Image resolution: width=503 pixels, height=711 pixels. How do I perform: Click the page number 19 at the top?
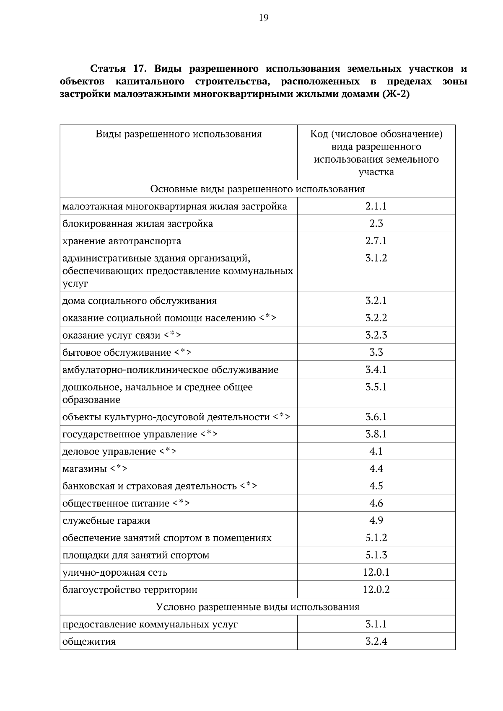pos(263,18)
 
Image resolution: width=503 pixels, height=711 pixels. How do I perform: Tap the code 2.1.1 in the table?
pos(376,206)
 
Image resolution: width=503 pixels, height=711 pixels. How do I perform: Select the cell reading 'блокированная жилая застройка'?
pos(137,224)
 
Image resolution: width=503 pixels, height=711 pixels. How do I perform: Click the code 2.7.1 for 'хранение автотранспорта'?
pos(376,241)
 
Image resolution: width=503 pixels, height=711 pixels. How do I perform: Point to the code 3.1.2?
pos(376,258)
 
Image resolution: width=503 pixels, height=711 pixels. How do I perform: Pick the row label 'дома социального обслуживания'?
pos(140,301)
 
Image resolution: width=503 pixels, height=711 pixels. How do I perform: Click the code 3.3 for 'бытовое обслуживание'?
pos(376,352)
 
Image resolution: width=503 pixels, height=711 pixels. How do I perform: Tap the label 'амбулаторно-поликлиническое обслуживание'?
pos(170,370)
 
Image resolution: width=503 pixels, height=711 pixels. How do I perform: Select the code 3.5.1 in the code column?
pos(376,387)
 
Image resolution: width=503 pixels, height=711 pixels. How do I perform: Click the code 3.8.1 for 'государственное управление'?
pos(376,434)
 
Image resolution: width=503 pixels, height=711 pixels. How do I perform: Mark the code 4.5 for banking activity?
pos(376,486)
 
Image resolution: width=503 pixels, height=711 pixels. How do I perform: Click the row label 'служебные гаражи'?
pos(106,521)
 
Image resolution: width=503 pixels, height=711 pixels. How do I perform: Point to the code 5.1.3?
pos(376,555)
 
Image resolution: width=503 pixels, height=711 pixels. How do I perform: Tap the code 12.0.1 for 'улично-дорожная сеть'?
pos(376,572)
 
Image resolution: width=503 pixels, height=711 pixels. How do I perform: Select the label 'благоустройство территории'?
pos(130,590)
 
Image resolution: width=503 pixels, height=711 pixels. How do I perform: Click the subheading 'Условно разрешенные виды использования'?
pos(257,607)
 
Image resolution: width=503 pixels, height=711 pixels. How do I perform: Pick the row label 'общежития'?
pos(89,642)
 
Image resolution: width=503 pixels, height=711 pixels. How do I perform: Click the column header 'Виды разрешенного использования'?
pos(179,134)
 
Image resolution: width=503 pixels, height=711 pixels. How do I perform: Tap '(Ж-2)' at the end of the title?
pos(395,94)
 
